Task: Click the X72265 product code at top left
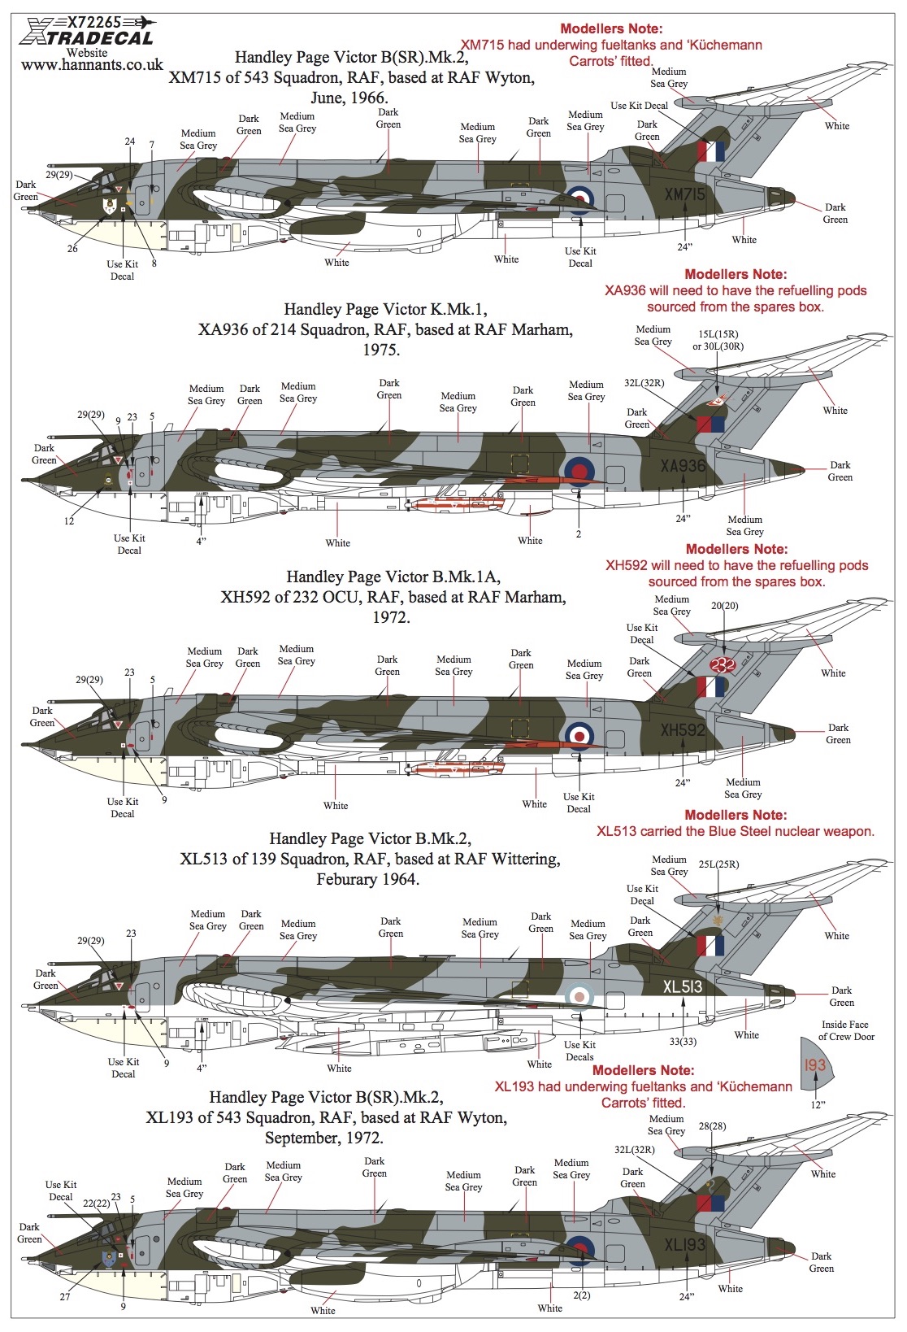pyautogui.click(x=94, y=23)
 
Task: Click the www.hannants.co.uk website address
pyautogui.click(x=92, y=65)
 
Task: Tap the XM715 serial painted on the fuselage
pyautogui.click(x=684, y=194)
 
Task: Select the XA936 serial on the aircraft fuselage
pyautogui.click(x=683, y=466)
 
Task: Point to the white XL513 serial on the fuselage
pyautogui.click(x=683, y=987)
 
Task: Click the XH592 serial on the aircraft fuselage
pyautogui.click(x=683, y=729)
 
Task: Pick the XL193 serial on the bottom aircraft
pyautogui.click(x=684, y=1244)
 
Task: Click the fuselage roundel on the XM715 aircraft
pyautogui.click(x=579, y=199)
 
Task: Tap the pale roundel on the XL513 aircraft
pyautogui.click(x=579, y=995)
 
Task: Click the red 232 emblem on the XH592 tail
pyautogui.click(x=723, y=664)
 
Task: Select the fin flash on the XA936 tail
pyautogui.click(x=710, y=424)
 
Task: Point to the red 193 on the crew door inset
pyautogui.click(x=815, y=1064)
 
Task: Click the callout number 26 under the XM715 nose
pyautogui.click(x=72, y=249)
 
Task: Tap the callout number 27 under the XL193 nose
pyautogui.click(x=65, y=1297)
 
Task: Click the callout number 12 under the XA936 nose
pyautogui.click(x=69, y=521)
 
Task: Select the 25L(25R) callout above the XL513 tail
pyautogui.click(x=718, y=864)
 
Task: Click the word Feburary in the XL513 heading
pyautogui.click(x=343, y=879)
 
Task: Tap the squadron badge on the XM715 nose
pyautogui.click(x=110, y=207)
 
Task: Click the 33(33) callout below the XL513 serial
pyautogui.click(x=683, y=1041)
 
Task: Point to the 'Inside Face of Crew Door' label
pyautogui.click(x=846, y=1030)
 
